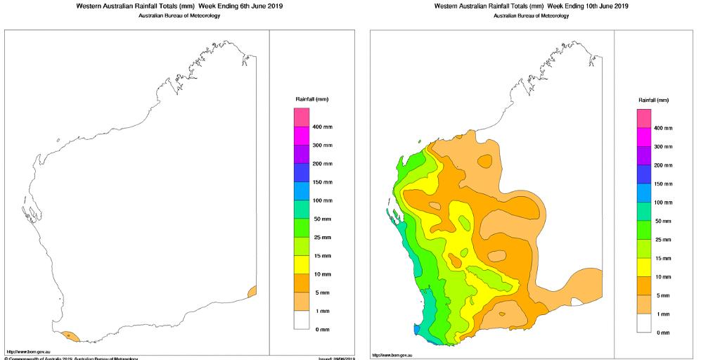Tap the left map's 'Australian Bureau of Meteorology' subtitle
click(179, 16)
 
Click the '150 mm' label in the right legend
click(664, 184)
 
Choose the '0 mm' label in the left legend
click(321, 329)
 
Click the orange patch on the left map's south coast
click(70, 337)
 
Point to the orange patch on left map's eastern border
click(252, 292)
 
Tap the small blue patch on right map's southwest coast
click(417, 328)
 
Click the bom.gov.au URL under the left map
click(20, 352)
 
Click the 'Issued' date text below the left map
click(336, 359)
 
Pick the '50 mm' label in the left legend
click(321, 219)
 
